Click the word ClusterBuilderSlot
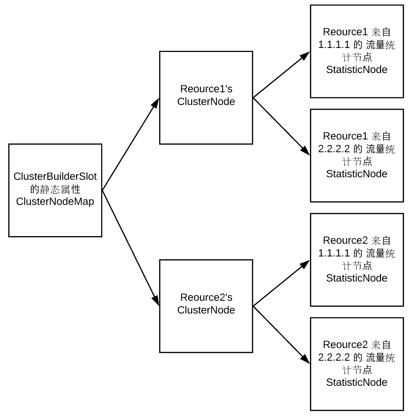pos(55,176)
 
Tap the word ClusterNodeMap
pos(55,202)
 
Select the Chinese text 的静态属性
pos(55,189)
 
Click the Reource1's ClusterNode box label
pos(206,95)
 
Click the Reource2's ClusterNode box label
pos(206,304)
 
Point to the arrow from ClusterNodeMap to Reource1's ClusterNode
pos(131,144)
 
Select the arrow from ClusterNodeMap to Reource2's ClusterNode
pos(131,248)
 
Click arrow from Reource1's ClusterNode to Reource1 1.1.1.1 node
pos(281,75)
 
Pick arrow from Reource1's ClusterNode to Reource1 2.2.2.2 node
pos(281,126)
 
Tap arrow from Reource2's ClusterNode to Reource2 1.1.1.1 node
pos(281,283)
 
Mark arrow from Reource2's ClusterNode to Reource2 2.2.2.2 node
pos(281,335)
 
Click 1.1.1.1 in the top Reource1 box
pos(334,45)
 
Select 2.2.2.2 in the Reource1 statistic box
pos(334,149)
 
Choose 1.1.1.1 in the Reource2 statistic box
pos(334,253)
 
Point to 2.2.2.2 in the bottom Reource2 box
pos(334,357)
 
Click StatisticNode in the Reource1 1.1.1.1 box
pos(357,70)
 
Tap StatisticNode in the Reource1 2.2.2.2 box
pos(357,174)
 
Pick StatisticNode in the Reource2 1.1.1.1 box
pos(357,278)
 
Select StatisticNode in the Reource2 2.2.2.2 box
pos(357,382)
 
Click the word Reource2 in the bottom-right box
pos(345,345)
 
